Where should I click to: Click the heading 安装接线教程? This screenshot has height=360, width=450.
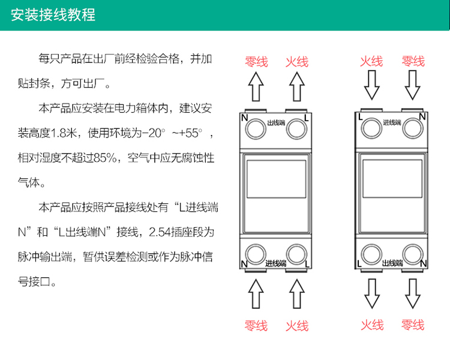tap(53, 14)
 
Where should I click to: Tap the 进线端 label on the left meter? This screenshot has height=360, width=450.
tap(275, 263)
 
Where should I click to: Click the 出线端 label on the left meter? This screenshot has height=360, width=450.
tap(275, 122)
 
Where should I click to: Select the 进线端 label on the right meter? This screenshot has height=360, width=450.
tap(392, 122)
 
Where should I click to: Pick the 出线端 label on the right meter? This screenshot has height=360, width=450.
tap(392, 263)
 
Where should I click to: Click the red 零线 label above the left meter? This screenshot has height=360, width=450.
tap(256, 62)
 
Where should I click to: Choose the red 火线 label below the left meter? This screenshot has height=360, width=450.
tap(296, 326)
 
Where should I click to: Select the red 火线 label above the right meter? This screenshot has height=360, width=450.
tap(371, 61)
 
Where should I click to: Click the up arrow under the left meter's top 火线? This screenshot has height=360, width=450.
tap(296, 88)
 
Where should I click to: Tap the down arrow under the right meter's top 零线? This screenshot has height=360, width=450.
tap(412, 85)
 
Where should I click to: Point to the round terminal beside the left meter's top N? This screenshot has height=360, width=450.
tap(256, 127)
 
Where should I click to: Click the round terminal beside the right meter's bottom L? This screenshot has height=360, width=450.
tap(372, 253)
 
